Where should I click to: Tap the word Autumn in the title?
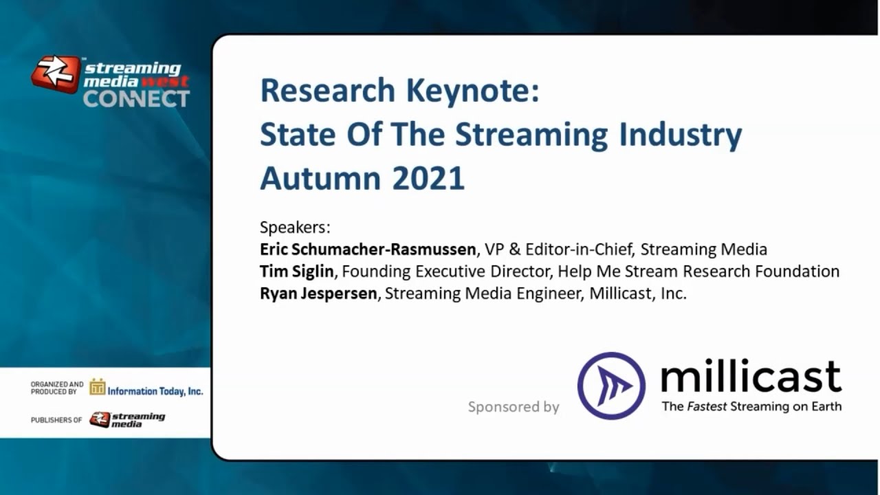(320, 178)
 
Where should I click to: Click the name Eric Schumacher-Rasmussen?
(368, 249)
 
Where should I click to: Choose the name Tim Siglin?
(296, 271)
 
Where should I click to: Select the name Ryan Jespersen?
(318, 294)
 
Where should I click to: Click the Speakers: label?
(295, 227)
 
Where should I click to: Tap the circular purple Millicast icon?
(611, 386)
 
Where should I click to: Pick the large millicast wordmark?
(751, 377)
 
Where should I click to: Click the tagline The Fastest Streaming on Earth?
(751, 406)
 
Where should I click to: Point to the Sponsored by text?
(514, 407)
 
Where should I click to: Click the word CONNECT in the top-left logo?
(136, 98)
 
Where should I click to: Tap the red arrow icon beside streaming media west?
(55, 74)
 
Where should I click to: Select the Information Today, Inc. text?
(155, 390)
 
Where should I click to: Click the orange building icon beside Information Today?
(97, 388)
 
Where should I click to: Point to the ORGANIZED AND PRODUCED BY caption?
(57, 388)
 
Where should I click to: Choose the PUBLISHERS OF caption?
(56, 419)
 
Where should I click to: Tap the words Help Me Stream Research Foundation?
(698, 271)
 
